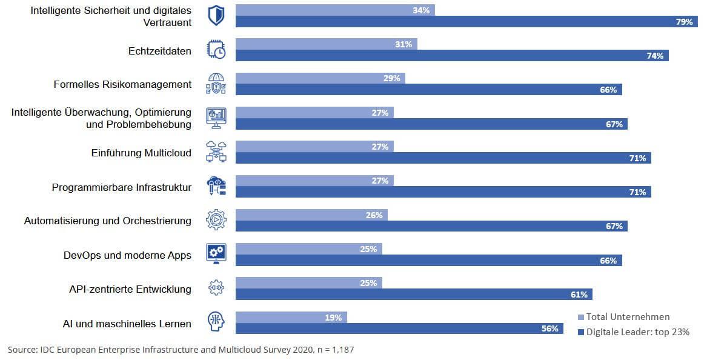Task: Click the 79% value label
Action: [x=685, y=22]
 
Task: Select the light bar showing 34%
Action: [x=335, y=10]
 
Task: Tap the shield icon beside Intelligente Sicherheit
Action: [x=216, y=16]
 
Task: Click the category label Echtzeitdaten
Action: [x=159, y=51]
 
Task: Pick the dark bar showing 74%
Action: [x=451, y=56]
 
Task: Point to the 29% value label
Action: [x=391, y=78]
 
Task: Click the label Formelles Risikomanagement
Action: [x=122, y=85]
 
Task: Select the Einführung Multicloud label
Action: [x=141, y=153]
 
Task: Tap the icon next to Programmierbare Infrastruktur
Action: [x=216, y=186]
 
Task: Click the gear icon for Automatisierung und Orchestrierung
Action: [x=216, y=221]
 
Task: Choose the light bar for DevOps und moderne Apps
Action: [x=308, y=249]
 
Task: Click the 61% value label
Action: [x=579, y=295]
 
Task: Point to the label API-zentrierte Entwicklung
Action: [x=130, y=289]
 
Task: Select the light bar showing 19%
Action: [x=291, y=317]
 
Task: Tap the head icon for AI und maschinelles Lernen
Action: [x=216, y=322]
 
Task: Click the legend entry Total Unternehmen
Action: [x=628, y=317]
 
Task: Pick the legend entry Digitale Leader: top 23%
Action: [x=637, y=332]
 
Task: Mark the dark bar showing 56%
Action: [x=399, y=328]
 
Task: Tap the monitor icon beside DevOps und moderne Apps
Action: [x=216, y=253]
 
